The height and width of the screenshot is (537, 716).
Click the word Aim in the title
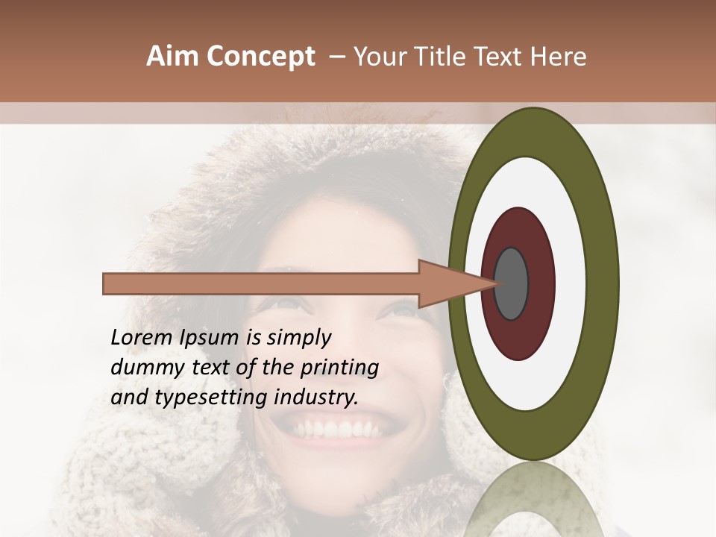click(173, 57)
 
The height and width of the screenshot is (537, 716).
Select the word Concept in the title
click(260, 57)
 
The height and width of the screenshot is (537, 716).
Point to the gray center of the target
click(512, 283)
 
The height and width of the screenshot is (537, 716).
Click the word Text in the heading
click(500, 57)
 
